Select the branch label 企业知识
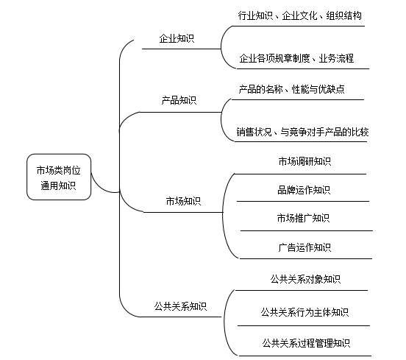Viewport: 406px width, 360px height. pyautogui.click(x=177, y=38)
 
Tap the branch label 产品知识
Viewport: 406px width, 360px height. pyautogui.click(x=179, y=100)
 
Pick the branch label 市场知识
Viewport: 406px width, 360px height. pyautogui.click(x=182, y=200)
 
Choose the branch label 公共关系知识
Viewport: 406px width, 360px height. pyautogui.click(x=180, y=305)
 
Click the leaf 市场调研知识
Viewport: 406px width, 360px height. pyautogui.click(x=304, y=162)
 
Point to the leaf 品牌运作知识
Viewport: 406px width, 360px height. pyautogui.click(x=304, y=190)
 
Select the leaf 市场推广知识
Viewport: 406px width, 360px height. pyautogui.click(x=303, y=218)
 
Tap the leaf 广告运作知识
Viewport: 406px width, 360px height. pyautogui.click(x=304, y=247)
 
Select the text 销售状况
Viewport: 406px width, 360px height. pyautogui.click(x=254, y=132)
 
